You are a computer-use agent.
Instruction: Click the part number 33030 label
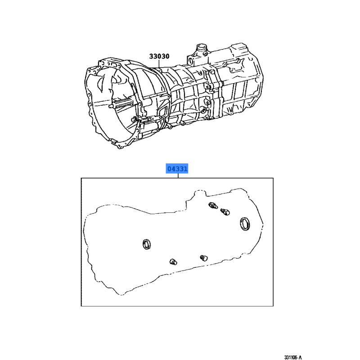tap(159, 56)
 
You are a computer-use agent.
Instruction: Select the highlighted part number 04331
tap(177, 169)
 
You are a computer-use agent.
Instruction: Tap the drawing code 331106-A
tap(293, 357)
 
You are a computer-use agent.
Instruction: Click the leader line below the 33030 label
tap(159, 63)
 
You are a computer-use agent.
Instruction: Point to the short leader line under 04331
tap(178, 175)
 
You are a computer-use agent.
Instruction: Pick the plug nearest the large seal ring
tap(225, 211)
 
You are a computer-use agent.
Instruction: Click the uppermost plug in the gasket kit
tap(213, 206)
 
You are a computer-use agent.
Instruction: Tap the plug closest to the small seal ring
tap(173, 262)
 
